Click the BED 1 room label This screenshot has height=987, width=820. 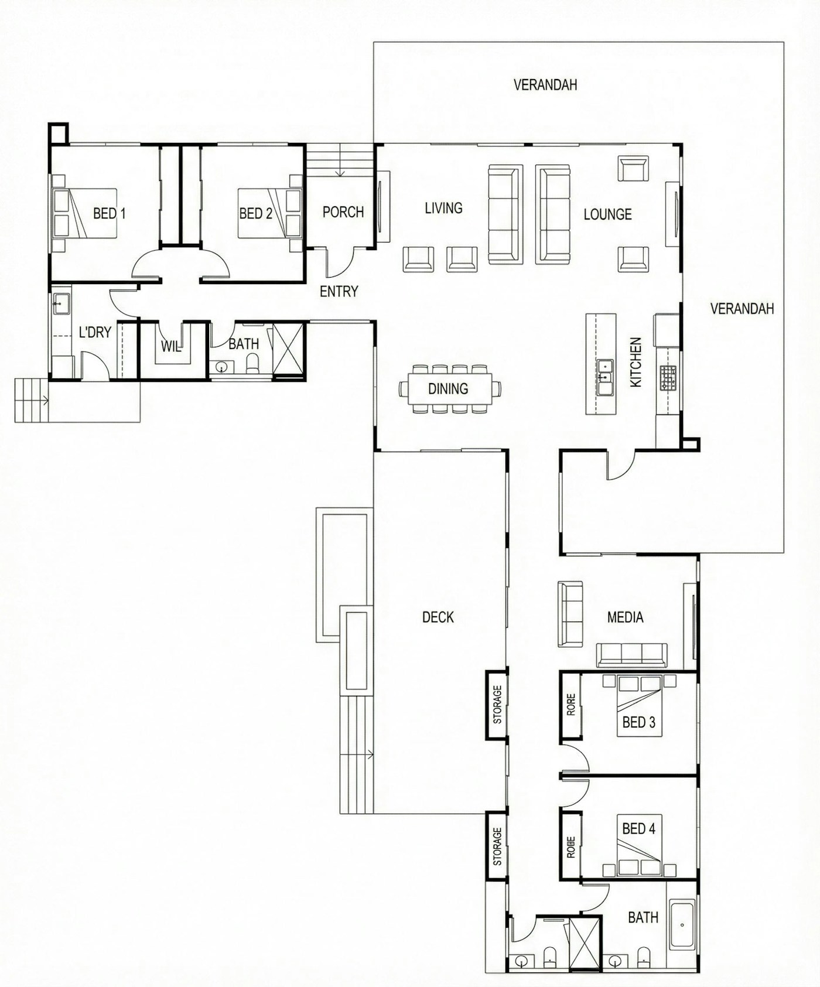click(110, 213)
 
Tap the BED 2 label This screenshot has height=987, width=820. click(256, 213)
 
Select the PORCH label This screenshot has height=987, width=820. click(343, 211)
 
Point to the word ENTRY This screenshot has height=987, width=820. click(339, 291)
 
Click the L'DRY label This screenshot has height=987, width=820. click(95, 333)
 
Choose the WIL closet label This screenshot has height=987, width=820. click(171, 346)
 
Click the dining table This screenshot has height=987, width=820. click(449, 388)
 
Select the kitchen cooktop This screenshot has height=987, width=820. click(668, 378)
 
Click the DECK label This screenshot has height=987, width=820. click(438, 617)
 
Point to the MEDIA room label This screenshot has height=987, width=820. click(626, 617)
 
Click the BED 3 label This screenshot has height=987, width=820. click(639, 722)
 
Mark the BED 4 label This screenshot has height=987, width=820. click(639, 829)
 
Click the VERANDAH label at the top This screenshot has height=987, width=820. click(545, 85)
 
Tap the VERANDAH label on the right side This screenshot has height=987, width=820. click(742, 308)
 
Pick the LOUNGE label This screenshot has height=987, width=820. click(608, 214)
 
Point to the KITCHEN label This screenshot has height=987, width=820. click(636, 362)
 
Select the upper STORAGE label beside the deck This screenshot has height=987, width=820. click(497, 704)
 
